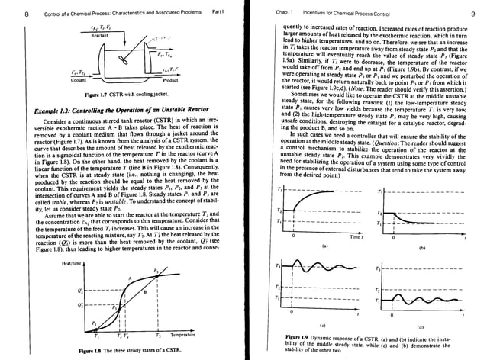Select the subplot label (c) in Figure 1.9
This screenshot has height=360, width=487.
[x=327, y=323]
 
